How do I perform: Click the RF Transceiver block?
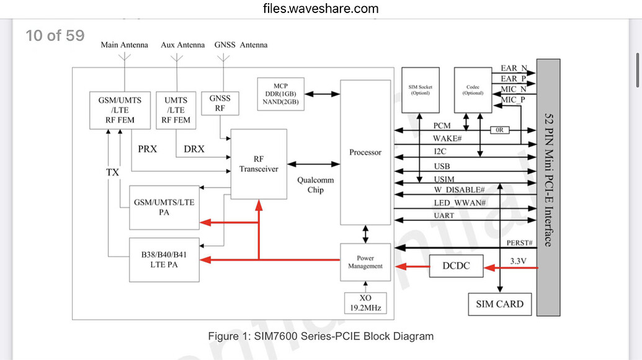(258, 164)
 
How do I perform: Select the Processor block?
(365, 152)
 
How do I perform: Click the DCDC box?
(456, 266)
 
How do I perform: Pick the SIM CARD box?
(499, 304)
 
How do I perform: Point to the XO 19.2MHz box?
(365, 302)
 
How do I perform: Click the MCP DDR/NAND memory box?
(280, 94)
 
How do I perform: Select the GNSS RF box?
(220, 103)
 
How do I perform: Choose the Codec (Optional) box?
(473, 90)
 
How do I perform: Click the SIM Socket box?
(420, 90)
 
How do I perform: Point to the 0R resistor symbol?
(499, 130)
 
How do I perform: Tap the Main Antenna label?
(125, 45)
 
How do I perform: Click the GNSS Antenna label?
(241, 45)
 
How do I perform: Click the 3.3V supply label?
(517, 261)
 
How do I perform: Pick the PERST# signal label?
(519, 242)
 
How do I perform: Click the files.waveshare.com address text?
(321, 9)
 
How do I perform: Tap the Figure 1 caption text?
(321, 336)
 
